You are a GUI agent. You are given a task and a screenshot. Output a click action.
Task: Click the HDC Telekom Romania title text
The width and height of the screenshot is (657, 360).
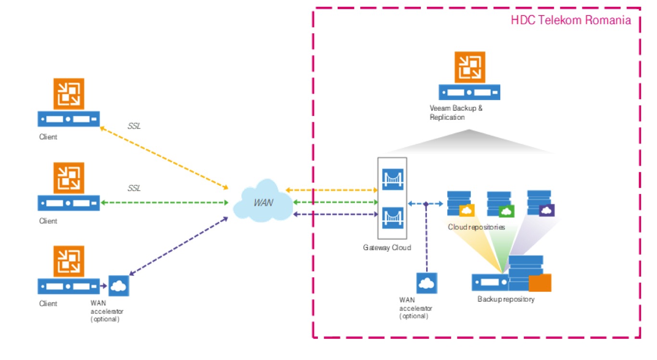(570, 21)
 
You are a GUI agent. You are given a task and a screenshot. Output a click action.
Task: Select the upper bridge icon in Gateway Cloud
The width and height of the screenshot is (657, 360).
(392, 179)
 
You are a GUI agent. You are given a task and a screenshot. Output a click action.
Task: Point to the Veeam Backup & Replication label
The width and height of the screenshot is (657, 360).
(456, 112)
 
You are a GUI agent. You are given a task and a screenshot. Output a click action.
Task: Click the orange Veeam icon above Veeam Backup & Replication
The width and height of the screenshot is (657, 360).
(469, 67)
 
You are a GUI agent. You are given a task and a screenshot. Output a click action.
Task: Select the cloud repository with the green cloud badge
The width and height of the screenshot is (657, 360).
(500, 205)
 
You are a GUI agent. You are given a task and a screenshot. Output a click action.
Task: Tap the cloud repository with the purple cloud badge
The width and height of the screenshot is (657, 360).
(541, 203)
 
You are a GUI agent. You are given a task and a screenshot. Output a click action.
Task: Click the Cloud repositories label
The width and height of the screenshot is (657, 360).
(476, 227)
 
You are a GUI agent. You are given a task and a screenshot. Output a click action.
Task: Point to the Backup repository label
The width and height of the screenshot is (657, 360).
(505, 299)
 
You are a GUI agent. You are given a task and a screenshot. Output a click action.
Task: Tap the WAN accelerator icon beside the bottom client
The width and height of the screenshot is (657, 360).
(118, 286)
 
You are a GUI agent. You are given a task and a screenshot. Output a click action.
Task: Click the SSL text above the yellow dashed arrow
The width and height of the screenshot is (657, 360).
(134, 127)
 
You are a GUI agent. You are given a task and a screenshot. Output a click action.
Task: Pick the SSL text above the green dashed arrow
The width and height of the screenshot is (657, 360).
(134, 188)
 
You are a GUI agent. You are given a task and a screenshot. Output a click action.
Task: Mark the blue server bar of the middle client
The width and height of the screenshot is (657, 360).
(69, 203)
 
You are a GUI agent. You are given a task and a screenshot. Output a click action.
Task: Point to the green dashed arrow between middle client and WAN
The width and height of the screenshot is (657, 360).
(164, 203)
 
